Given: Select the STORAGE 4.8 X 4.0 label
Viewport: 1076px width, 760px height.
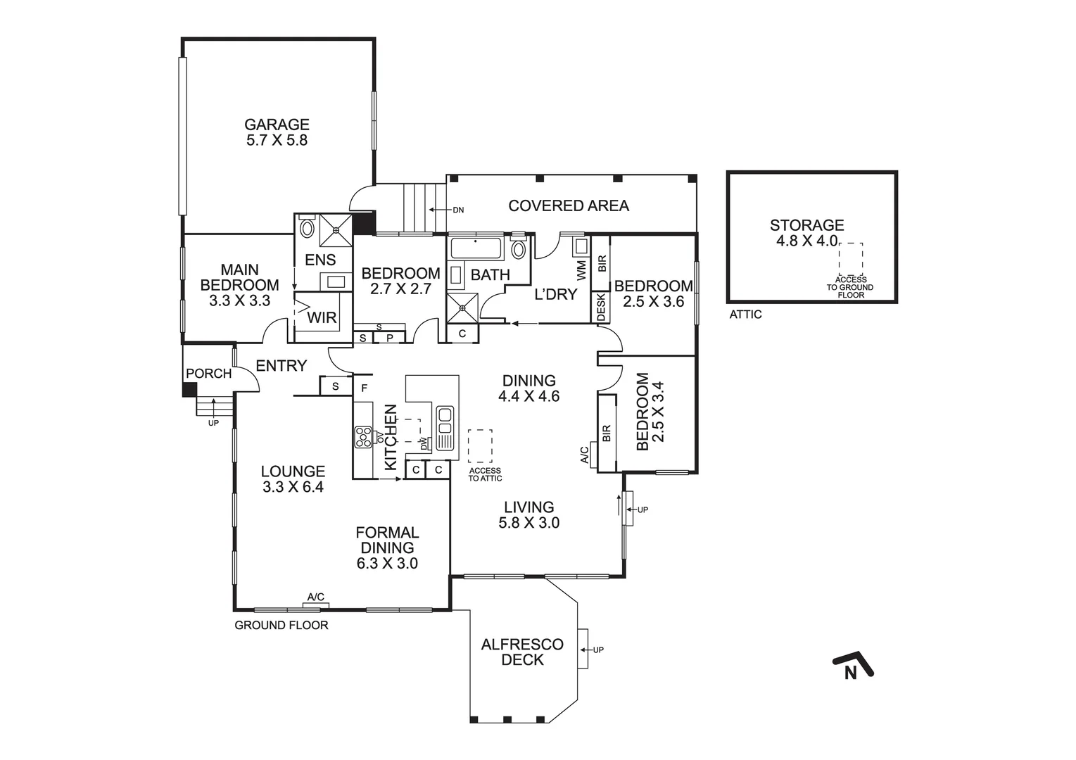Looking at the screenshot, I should tap(806, 233).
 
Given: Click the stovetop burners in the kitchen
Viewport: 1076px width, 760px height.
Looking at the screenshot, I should tap(363, 437).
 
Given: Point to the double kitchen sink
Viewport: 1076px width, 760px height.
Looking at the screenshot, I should tap(445, 420).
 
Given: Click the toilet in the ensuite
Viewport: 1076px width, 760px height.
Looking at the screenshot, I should tap(307, 228).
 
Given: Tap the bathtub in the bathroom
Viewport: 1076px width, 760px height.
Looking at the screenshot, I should tap(475, 249).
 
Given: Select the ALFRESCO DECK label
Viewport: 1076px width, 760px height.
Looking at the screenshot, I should tap(522, 652).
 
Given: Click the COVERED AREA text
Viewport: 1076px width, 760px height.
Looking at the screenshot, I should tap(569, 205).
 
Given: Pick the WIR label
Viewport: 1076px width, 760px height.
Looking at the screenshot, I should tap(322, 318).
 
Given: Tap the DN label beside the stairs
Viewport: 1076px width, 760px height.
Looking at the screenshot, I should tap(458, 210).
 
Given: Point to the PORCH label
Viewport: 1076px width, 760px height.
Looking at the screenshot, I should tap(208, 374).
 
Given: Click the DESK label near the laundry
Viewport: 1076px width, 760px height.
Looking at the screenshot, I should tap(601, 308).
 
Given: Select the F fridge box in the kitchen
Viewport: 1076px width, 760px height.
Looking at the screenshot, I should tap(365, 387).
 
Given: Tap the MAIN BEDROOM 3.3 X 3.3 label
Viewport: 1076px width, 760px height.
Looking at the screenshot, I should tap(239, 285).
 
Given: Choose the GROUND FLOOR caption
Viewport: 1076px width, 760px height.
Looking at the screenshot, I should tap(281, 625).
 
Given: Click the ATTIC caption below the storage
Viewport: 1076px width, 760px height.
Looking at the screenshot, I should tap(745, 315).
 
